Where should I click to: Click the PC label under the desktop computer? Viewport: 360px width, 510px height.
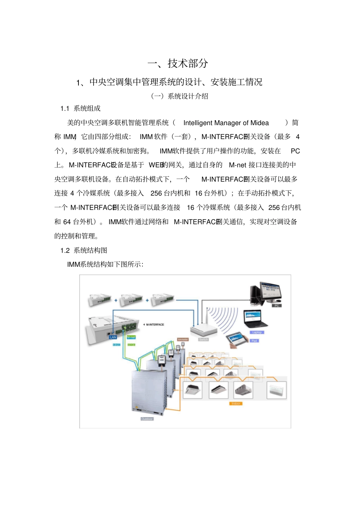coord(277,305)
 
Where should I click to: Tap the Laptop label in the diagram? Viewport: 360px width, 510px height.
coord(257,332)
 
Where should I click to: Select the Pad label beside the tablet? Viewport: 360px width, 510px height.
coord(254,341)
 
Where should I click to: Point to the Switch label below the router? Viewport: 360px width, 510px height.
coord(203,339)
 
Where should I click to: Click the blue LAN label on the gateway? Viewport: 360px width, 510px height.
coord(113,337)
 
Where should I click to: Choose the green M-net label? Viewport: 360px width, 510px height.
coord(131,337)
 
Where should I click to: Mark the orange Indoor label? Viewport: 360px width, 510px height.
coord(236,403)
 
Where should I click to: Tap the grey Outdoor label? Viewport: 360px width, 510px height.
coord(147,419)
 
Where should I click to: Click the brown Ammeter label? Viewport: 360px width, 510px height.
coord(183,339)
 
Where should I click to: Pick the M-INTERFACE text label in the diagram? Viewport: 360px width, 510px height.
coord(155,325)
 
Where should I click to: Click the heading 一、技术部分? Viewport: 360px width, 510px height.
coord(178,63)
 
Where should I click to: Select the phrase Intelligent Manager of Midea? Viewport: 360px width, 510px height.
coord(226,123)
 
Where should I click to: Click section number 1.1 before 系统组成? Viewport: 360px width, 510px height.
coord(65,109)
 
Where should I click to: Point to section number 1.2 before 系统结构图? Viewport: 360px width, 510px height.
coord(65,251)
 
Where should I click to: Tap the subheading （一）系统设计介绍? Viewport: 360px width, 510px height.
coord(180,96)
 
